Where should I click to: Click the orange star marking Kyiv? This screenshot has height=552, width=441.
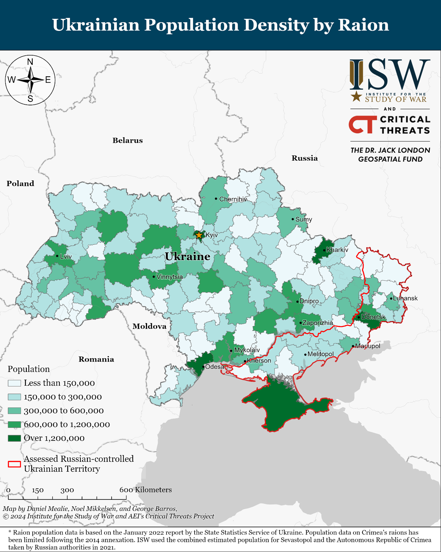click(x=199, y=235)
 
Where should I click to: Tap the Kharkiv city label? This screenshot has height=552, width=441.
click(x=337, y=250)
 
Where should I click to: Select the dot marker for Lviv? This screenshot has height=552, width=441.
click(x=57, y=256)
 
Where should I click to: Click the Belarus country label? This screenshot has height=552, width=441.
click(x=127, y=140)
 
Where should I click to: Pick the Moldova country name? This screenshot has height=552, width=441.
click(x=149, y=326)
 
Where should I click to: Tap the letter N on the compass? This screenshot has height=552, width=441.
click(x=30, y=62)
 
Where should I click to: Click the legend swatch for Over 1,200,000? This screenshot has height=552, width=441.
click(x=14, y=438)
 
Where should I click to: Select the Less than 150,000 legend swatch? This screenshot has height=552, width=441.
click(x=14, y=383)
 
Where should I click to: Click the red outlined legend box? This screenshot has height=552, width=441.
click(x=14, y=464)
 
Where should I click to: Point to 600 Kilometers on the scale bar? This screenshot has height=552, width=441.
click(x=146, y=490)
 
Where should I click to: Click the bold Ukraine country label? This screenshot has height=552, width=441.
click(x=187, y=257)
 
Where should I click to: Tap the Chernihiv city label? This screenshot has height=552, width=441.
click(x=233, y=199)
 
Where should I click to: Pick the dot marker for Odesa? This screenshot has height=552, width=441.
click(x=203, y=367)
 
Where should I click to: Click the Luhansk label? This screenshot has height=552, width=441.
click(x=405, y=298)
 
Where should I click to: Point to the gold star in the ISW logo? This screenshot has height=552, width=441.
click(x=356, y=96)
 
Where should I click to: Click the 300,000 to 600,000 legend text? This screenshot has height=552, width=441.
click(x=64, y=411)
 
